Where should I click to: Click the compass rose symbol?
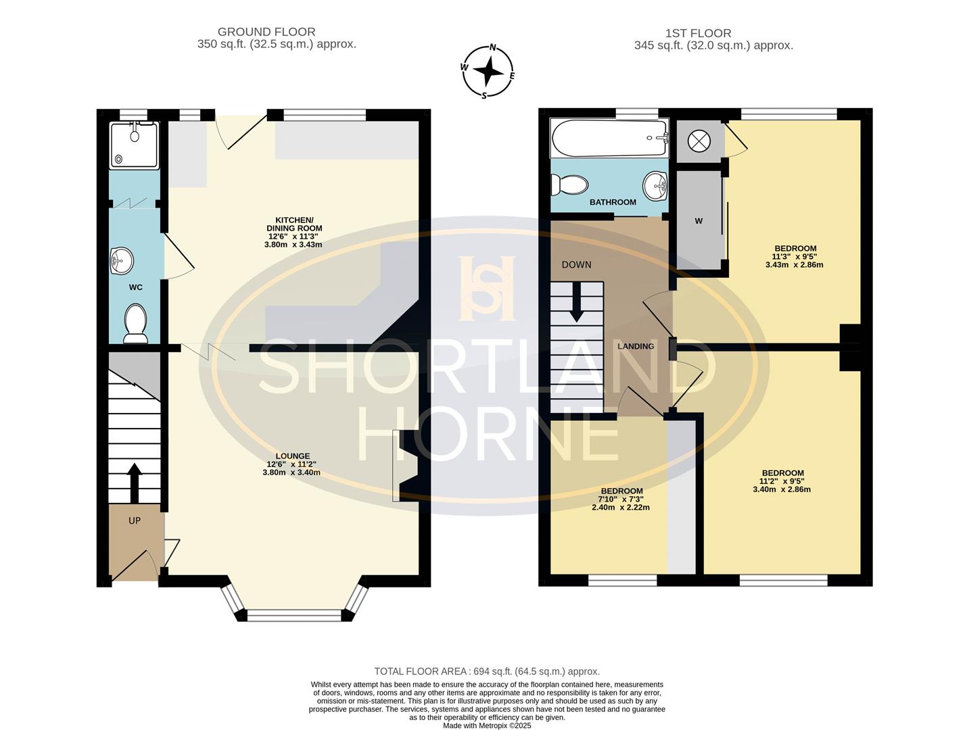(x=488, y=71)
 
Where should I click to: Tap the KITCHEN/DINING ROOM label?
(x=293, y=224)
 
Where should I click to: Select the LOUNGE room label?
(x=292, y=456)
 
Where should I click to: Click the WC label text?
(x=135, y=287)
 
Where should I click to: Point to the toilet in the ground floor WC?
(x=135, y=322)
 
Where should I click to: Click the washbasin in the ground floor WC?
(x=122, y=260)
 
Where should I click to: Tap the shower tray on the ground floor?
(x=135, y=145)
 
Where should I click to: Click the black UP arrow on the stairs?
(x=135, y=482)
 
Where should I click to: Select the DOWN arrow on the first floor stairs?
(x=576, y=301)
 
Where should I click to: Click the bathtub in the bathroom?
(x=609, y=139)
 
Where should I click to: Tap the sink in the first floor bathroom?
(x=655, y=185)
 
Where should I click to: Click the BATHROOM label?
(x=613, y=202)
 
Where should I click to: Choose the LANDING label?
(x=636, y=346)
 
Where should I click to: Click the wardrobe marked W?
(x=699, y=221)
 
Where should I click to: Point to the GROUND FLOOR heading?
(x=266, y=32)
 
